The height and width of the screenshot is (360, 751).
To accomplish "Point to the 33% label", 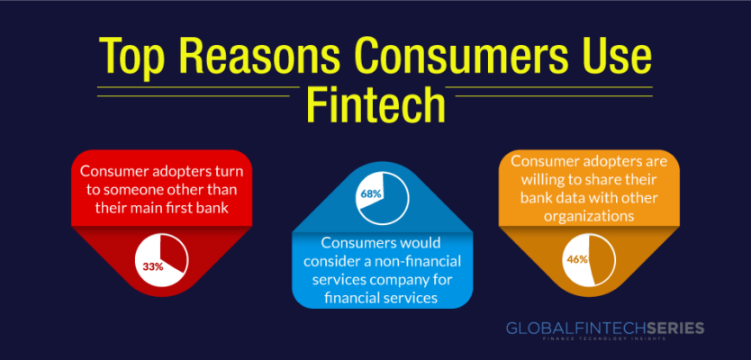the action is coord(153,266).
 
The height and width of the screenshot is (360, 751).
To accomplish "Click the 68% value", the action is coord(371,193).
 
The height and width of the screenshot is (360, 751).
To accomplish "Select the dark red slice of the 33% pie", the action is coord(173,255).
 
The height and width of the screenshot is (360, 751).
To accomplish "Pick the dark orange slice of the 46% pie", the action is coord(602,260).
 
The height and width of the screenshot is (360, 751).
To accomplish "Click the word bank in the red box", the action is coord(231,208).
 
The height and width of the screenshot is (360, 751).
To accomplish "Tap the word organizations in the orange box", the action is coord(589,216).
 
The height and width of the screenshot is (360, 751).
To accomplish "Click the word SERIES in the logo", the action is coord(674,328).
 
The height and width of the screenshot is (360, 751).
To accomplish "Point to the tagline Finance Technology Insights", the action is coord(605,339).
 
